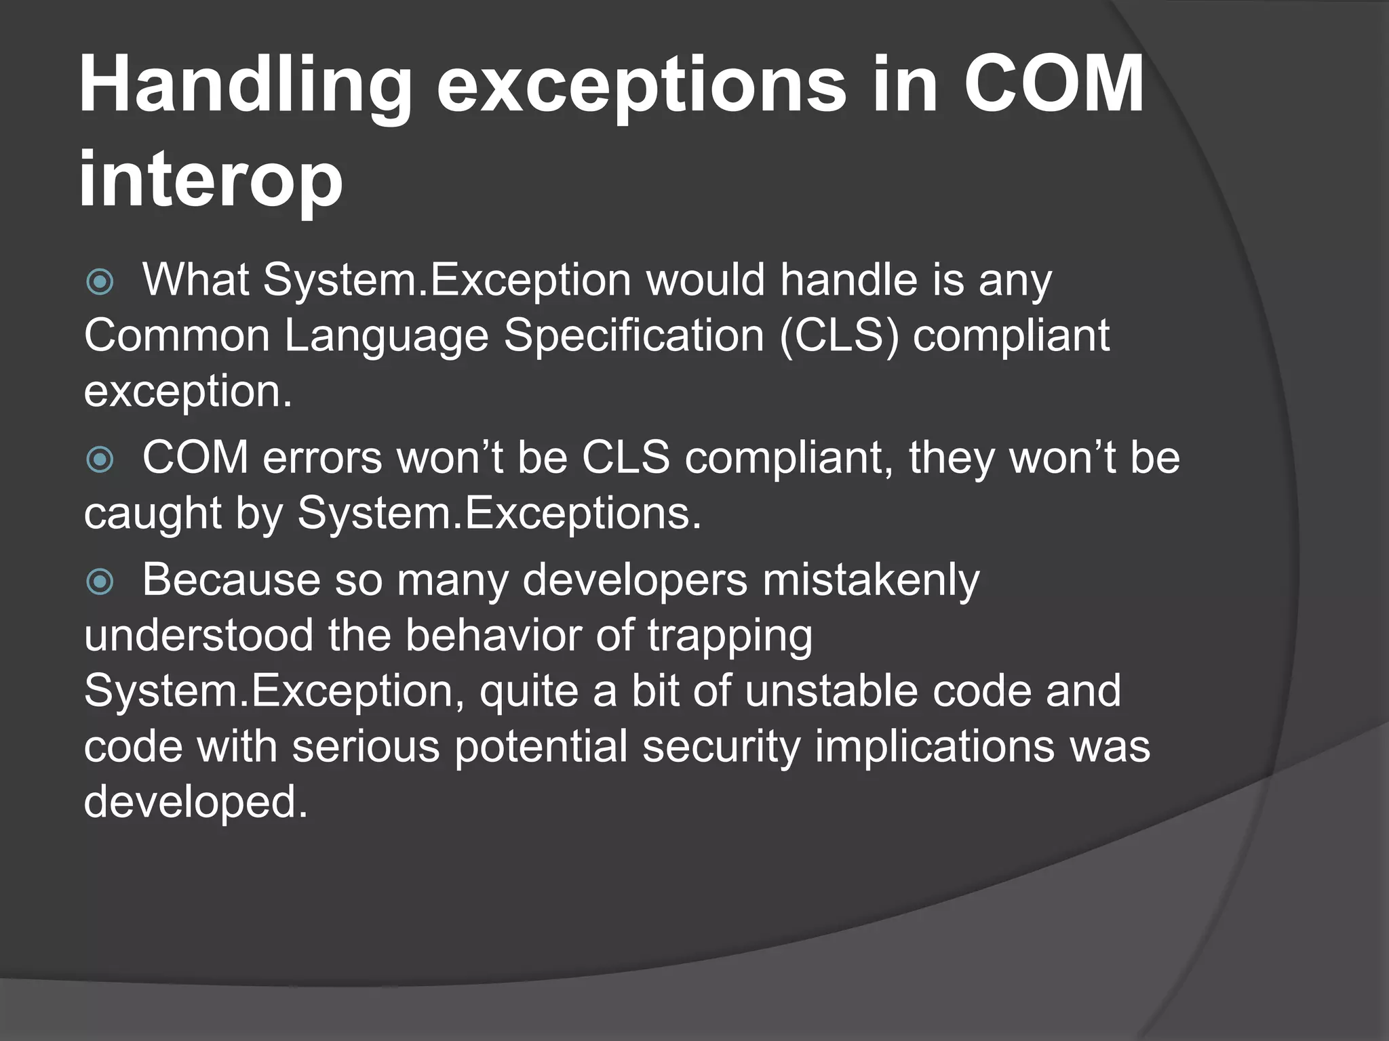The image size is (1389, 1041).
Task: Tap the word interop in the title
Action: [210, 180]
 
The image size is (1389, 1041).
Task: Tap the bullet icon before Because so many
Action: [100, 581]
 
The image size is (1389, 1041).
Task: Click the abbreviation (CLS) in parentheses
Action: [839, 336]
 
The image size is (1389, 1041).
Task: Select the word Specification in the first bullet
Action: [633, 336]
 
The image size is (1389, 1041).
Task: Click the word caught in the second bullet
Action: [153, 514]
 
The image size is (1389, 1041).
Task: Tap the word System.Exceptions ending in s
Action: [499, 514]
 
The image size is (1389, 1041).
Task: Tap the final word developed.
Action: [195, 802]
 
